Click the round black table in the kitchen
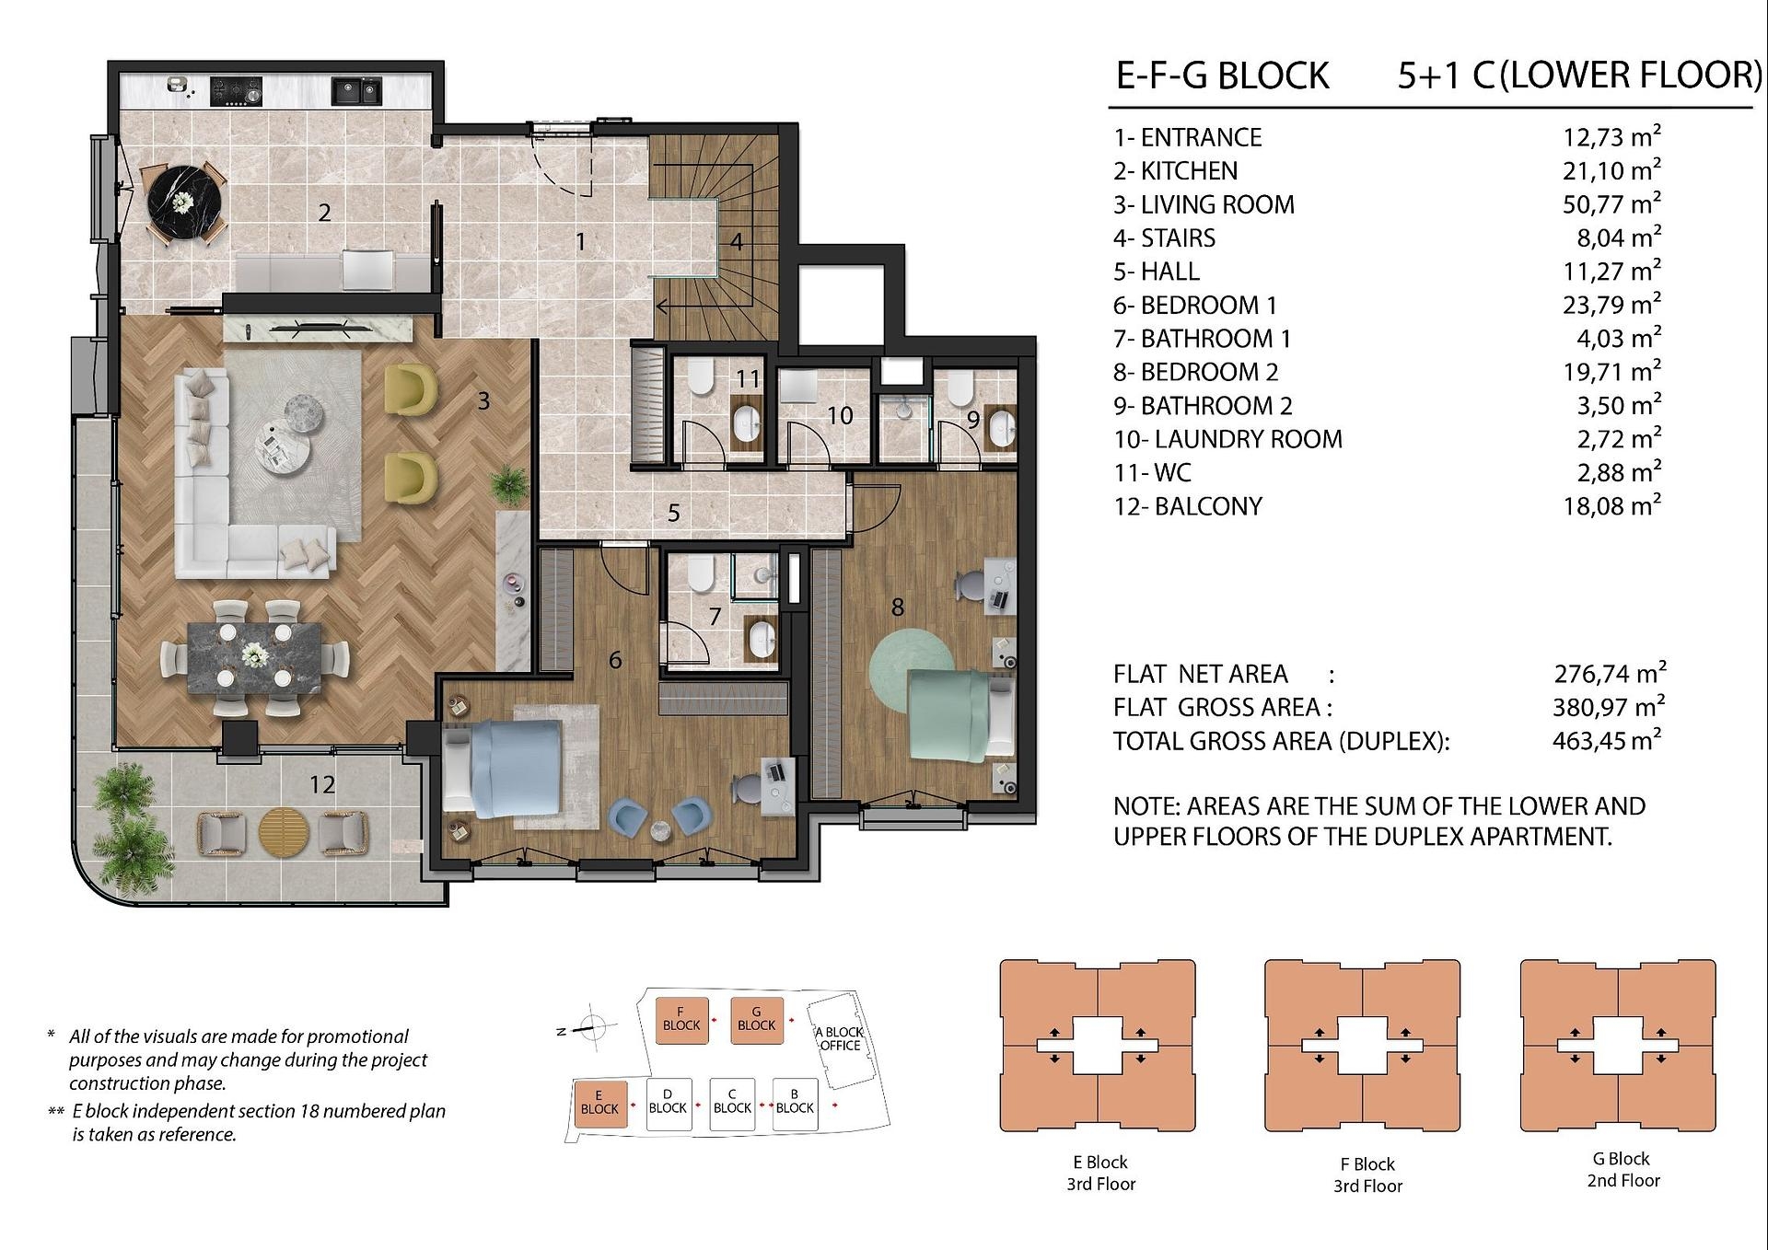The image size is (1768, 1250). pyautogui.click(x=185, y=202)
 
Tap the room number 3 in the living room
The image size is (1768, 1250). pyautogui.click(x=483, y=401)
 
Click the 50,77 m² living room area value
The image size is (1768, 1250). pyautogui.click(x=1611, y=203)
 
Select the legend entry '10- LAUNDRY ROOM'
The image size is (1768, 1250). pyautogui.click(x=1227, y=439)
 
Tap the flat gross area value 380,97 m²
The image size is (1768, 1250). pyautogui.click(x=1609, y=707)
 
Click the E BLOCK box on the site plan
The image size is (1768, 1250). pyautogui.click(x=599, y=1102)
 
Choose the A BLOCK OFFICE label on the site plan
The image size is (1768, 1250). pyautogui.click(x=840, y=1038)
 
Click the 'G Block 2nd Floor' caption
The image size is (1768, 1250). pyautogui.click(x=1623, y=1170)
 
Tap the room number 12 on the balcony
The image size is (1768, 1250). pyautogui.click(x=321, y=784)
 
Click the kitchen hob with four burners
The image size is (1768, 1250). pyautogui.click(x=236, y=90)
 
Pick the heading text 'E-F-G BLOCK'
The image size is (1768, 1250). pyautogui.click(x=1223, y=75)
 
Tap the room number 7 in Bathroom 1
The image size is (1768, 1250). pyautogui.click(x=715, y=617)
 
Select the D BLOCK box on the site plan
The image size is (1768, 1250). pyautogui.click(x=668, y=1102)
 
